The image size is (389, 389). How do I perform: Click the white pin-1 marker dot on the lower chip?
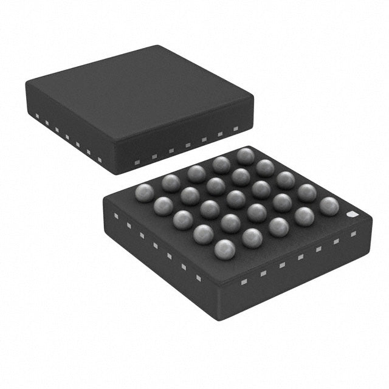351,215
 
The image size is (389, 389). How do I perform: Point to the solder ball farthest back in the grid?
246,156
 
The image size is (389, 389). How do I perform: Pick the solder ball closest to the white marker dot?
329,205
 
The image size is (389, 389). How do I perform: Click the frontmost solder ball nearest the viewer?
225,248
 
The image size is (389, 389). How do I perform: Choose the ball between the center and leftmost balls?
190,195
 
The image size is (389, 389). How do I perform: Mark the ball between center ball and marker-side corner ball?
283,201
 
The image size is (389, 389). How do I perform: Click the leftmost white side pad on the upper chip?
36,115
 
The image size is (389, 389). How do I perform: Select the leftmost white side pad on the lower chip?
115,216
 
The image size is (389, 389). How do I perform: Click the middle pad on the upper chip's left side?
67,136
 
